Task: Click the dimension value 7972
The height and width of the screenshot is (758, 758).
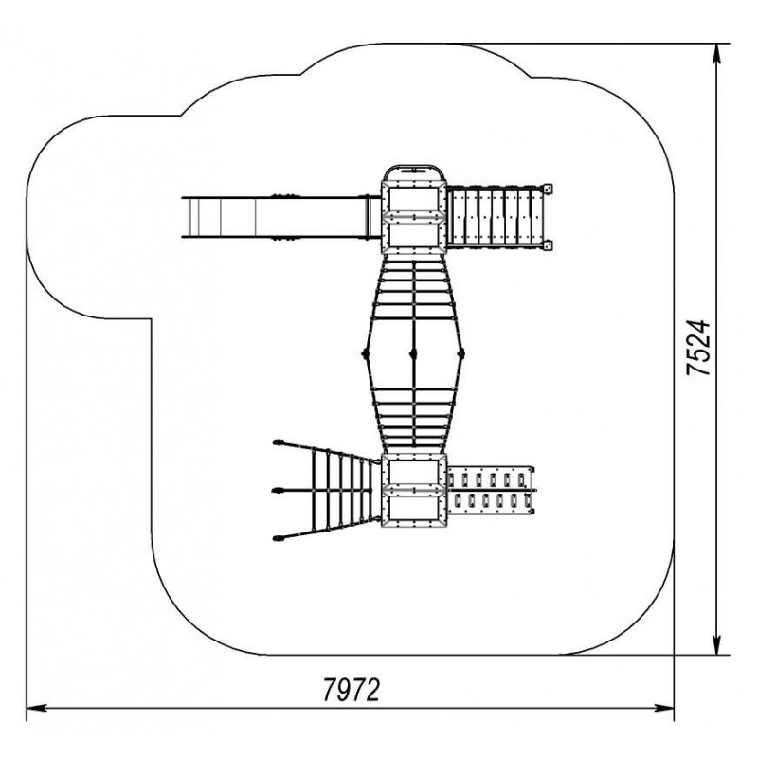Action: click(x=352, y=690)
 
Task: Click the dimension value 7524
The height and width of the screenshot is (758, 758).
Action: click(x=699, y=347)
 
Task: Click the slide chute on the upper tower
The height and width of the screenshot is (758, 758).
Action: click(x=281, y=217)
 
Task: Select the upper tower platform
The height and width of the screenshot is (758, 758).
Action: click(x=413, y=210)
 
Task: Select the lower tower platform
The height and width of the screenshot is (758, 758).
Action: click(x=414, y=490)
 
